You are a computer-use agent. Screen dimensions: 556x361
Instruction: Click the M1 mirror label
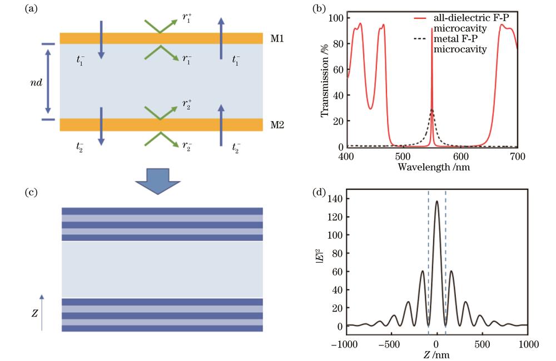(x=277, y=38)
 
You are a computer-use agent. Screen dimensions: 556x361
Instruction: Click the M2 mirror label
(x=277, y=125)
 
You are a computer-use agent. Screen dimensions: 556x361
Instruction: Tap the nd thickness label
(x=36, y=83)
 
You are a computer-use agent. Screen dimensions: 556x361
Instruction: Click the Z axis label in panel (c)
(x=34, y=313)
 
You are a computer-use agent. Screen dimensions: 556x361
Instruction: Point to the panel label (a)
(x=31, y=8)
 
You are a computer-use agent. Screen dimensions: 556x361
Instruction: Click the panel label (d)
(x=319, y=192)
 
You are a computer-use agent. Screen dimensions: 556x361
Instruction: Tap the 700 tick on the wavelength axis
(x=517, y=156)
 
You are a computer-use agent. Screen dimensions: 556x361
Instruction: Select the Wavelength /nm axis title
(x=434, y=167)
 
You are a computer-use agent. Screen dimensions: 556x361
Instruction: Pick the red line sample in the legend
(x=420, y=18)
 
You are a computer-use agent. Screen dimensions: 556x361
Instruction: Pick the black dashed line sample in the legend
(x=420, y=38)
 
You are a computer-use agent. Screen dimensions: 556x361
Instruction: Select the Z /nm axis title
(x=436, y=354)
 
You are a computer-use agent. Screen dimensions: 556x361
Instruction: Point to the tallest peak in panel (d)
(x=437, y=201)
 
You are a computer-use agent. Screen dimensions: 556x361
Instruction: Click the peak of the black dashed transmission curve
(x=431, y=109)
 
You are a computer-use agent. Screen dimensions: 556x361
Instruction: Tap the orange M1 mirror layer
(x=161, y=38)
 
